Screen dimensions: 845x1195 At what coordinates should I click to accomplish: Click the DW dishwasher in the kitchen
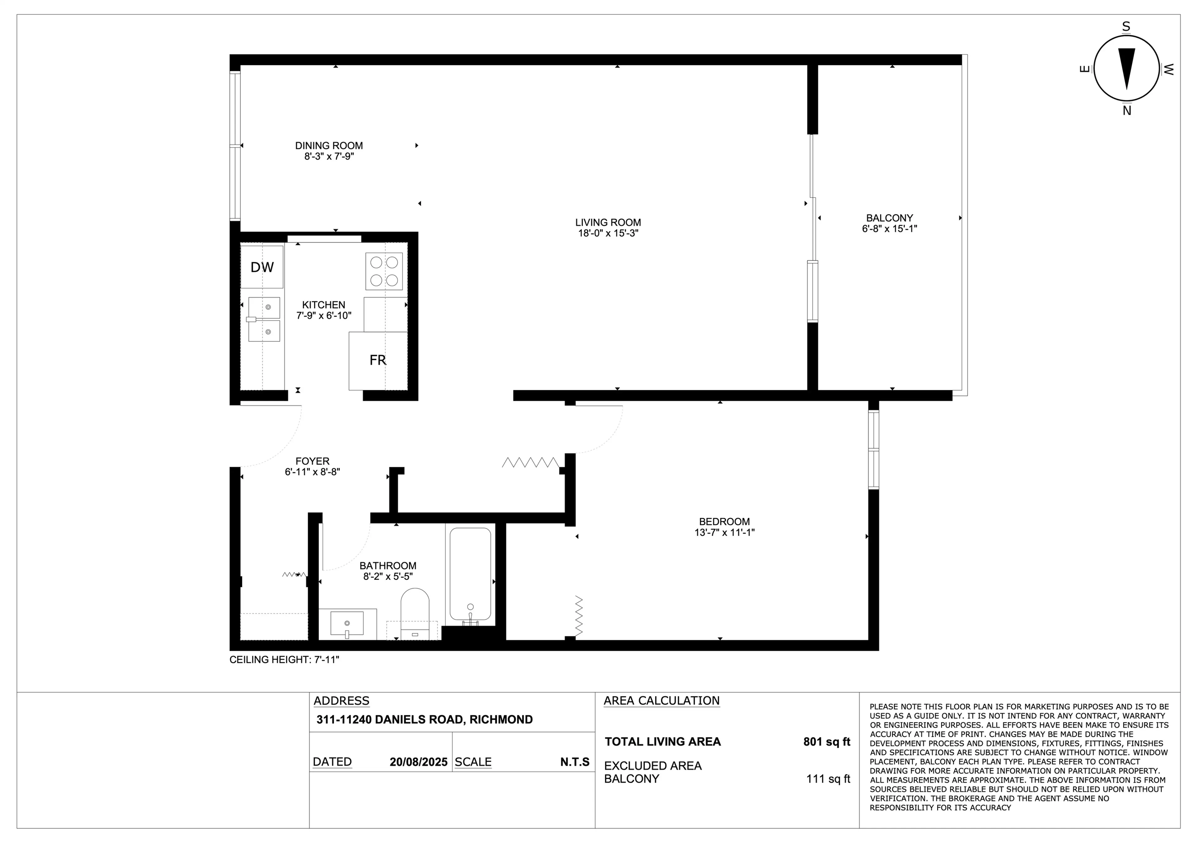pos(262,267)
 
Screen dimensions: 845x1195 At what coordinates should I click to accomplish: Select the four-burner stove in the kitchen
pos(384,271)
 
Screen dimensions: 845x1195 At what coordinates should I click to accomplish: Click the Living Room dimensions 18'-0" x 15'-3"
pos(608,233)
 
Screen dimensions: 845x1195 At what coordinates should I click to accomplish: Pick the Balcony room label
pos(889,218)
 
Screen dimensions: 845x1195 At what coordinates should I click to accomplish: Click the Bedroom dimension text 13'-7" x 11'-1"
pos(724,532)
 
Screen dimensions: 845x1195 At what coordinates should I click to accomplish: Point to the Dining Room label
pos(329,146)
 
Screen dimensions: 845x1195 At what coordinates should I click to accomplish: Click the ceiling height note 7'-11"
pos(284,660)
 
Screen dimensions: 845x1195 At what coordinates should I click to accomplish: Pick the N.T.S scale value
pos(574,762)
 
